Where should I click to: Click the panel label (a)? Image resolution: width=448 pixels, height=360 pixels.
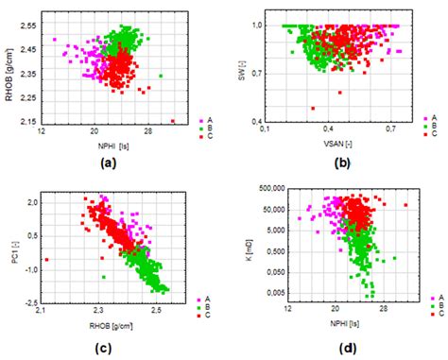click(x=108, y=162)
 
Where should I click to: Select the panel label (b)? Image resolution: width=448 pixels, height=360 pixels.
click(x=342, y=162)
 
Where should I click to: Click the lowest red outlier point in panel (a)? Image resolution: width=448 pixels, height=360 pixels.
click(x=173, y=121)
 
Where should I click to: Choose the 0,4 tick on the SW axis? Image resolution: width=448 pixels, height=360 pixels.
click(x=256, y=122)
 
